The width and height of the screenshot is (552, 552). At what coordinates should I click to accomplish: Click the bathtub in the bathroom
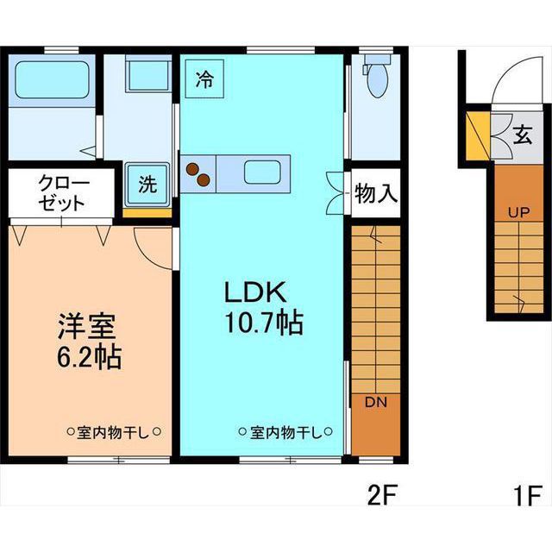[52, 79]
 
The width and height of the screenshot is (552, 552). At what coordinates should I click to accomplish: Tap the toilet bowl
[378, 80]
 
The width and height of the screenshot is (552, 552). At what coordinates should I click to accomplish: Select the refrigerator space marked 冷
[205, 78]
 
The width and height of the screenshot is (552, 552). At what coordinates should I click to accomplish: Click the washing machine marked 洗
[147, 184]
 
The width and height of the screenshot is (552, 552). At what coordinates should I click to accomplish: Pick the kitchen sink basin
[262, 172]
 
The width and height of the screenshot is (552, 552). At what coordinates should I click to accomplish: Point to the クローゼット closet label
[62, 192]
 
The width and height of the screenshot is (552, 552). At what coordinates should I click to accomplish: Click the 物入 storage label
[376, 193]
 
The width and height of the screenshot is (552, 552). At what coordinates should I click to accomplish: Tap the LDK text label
[255, 292]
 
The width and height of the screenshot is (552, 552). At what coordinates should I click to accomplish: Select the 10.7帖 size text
[264, 322]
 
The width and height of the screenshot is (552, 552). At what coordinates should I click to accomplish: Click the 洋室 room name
[87, 326]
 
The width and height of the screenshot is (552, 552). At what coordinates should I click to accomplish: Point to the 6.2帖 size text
[90, 357]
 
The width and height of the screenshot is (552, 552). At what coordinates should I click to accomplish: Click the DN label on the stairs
[376, 402]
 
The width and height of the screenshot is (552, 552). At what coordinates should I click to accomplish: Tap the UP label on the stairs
[519, 212]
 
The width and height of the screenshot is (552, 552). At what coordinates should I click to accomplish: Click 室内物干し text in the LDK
[286, 432]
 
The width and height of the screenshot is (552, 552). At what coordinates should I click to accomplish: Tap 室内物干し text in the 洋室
[114, 432]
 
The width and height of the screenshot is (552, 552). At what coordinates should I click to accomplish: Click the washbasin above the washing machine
[148, 75]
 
